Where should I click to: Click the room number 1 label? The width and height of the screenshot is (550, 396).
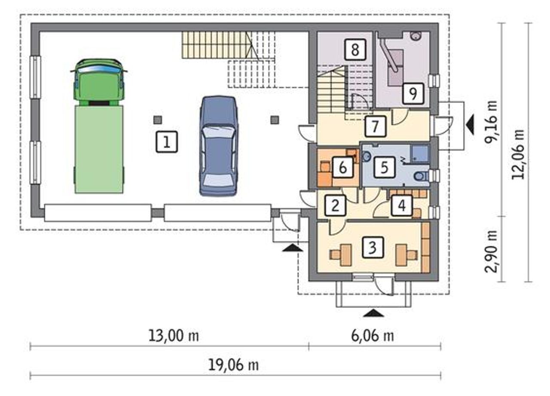pos(167,142)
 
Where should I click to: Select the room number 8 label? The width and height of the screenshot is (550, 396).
pos(355,50)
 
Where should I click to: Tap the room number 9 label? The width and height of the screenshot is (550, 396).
pos(413,94)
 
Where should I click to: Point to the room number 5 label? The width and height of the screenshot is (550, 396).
pos(385,167)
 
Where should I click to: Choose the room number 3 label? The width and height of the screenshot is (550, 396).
pos(373,247)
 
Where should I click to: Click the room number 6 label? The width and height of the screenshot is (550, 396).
pos(343,167)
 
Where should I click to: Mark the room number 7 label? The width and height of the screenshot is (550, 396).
pos(375,126)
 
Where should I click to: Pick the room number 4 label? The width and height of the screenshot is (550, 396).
pos(402,206)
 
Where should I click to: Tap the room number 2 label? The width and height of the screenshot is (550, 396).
pos(336,206)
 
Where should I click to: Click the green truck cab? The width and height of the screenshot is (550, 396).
pos(99,82)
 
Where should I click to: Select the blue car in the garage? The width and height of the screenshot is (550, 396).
pos(218,146)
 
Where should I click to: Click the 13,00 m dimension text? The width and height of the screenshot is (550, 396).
pos(174,336)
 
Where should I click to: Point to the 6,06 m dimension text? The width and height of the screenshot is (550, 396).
pos(373,336)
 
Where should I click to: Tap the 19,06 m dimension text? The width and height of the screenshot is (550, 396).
pos(233,365)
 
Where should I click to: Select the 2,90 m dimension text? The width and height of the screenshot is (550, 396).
pos(491,251)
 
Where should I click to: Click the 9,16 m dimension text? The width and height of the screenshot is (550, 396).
pos(491,122)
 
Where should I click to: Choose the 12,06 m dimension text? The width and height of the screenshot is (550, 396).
pos(518,154)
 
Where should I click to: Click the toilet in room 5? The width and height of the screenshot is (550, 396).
pos(422,176)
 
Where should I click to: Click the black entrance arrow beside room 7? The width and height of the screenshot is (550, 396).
pos(470,125)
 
